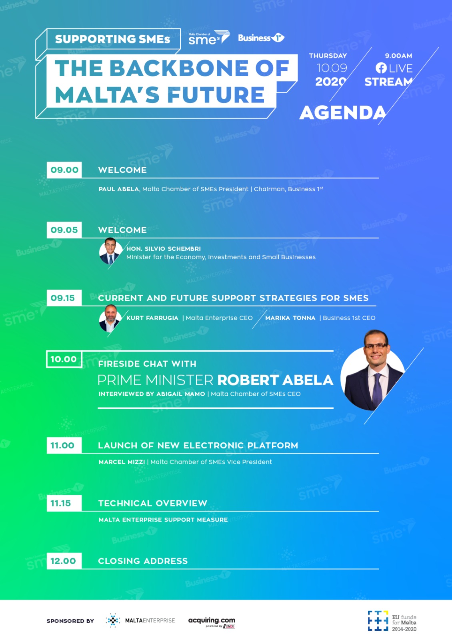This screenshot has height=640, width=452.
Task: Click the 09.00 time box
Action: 64,170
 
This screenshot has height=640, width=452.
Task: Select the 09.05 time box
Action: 64,230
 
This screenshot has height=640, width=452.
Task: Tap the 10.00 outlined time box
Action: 64,359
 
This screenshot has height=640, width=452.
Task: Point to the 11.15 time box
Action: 64,503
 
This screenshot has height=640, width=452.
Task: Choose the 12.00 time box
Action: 64,561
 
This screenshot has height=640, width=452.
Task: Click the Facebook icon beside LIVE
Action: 381,68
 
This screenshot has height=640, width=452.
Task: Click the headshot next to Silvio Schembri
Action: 110,251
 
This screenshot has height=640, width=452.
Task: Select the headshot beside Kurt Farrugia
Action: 110,318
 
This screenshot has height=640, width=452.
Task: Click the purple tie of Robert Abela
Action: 378,390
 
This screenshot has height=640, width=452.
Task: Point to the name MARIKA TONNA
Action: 290,318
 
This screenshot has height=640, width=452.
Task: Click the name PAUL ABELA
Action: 118,189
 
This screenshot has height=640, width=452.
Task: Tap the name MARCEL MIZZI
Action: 122,462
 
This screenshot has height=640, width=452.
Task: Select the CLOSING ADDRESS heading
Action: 143,561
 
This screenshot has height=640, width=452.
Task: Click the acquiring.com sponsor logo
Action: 212,622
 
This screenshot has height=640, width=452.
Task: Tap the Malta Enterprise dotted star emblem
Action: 113,620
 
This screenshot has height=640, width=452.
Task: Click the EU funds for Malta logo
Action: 392,621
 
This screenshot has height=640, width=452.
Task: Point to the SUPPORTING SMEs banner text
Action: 112,39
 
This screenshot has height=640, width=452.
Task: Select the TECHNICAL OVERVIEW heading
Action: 152,504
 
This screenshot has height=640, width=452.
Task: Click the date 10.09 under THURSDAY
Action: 332,68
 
